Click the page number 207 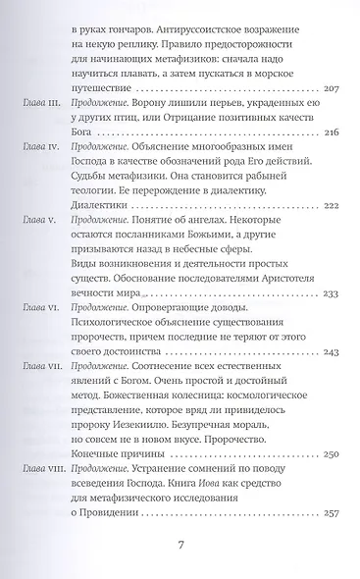[x=328, y=89]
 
